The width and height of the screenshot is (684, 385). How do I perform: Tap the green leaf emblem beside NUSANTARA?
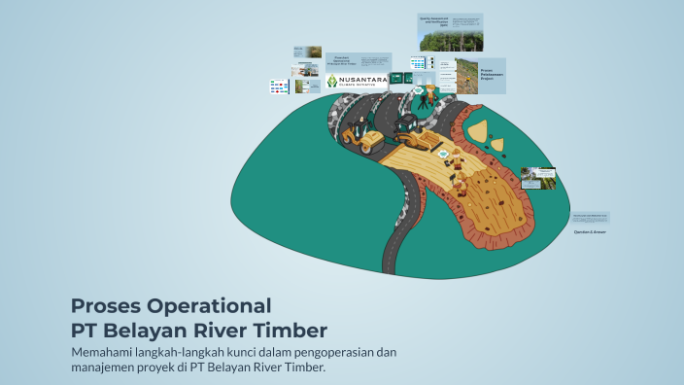coord(336,83)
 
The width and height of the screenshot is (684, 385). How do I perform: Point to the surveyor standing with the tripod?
coord(428,95)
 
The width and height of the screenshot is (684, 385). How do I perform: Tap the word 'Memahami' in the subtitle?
coord(105,351)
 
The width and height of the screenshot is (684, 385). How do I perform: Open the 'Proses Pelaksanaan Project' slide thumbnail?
coord(480,75)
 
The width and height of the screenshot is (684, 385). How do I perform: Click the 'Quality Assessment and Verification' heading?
coord(436,20)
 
